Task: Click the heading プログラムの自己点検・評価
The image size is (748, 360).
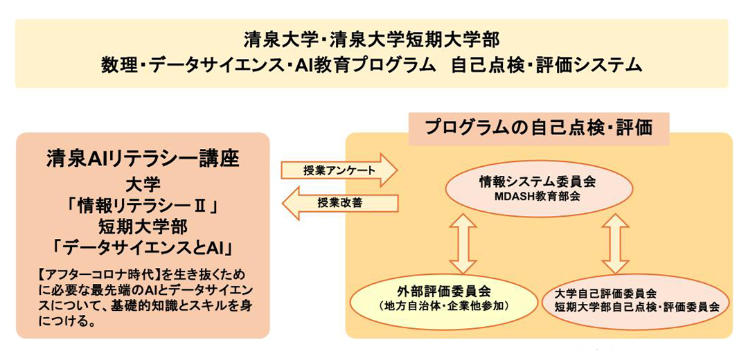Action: [539, 128]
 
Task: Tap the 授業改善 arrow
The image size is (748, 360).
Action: [339, 203]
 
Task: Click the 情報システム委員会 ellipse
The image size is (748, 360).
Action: [539, 188]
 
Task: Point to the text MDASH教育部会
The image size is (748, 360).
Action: [540, 195]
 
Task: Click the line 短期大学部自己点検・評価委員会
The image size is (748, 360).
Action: [637, 307]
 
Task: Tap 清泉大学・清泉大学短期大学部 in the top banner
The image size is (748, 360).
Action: [372, 40]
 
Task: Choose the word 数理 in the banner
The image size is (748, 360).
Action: [116, 65]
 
